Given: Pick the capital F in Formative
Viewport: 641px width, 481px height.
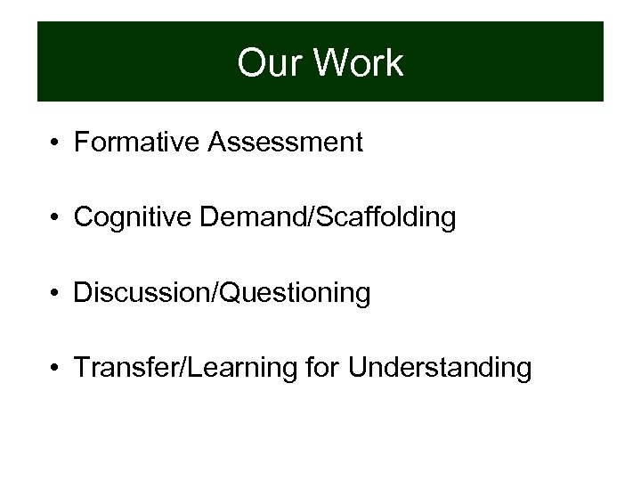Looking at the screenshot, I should (81, 143).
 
